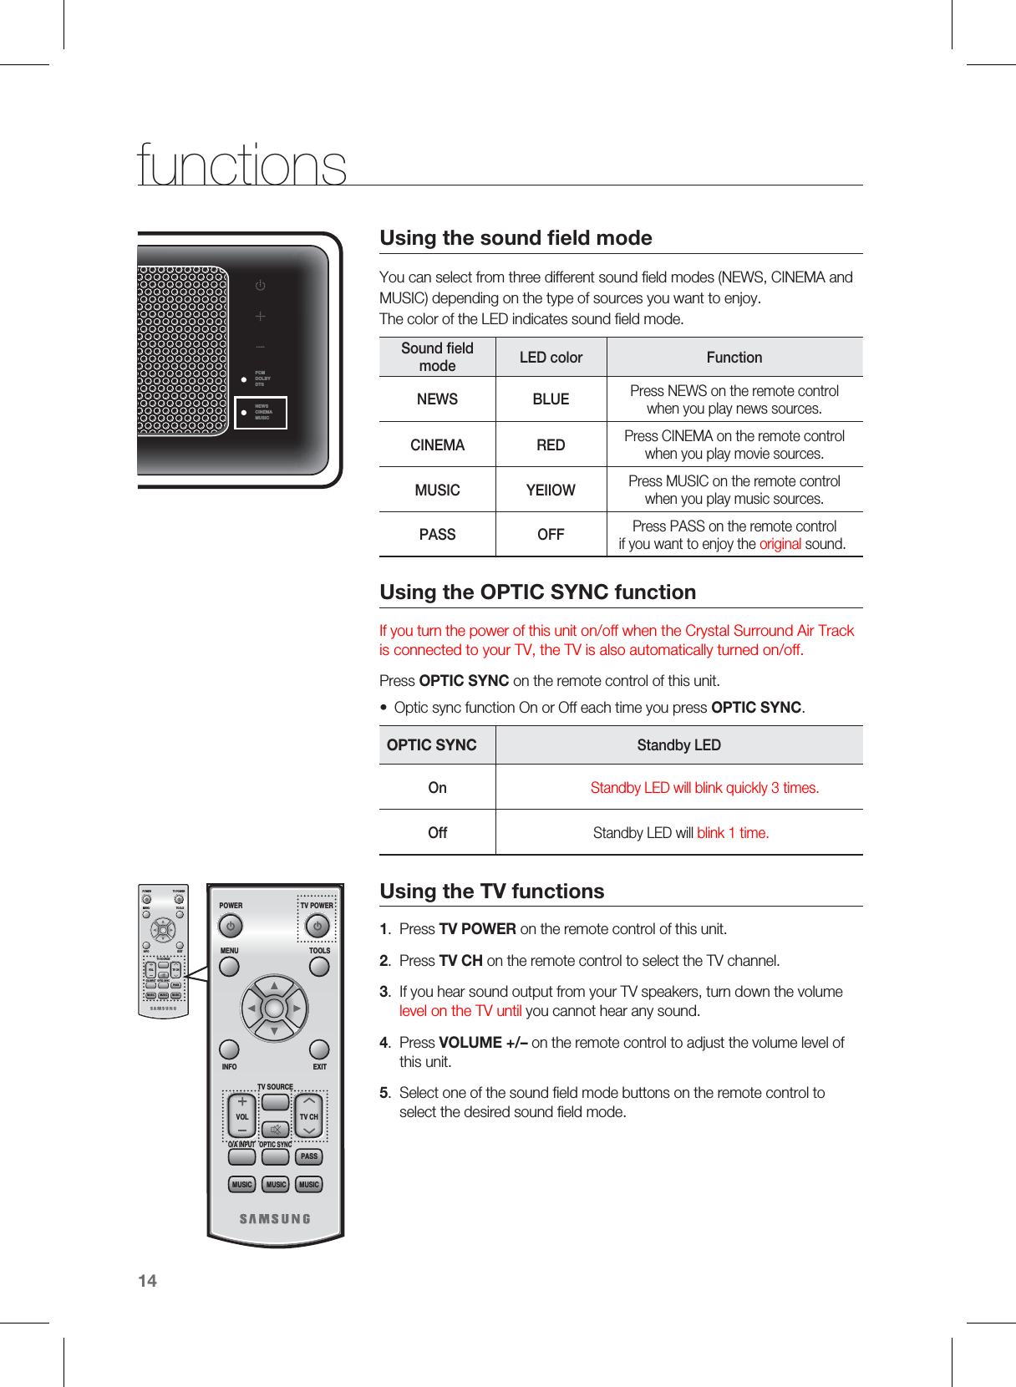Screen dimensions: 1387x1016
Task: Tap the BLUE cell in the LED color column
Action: [x=551, y=399]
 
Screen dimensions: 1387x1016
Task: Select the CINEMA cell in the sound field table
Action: [x=437, y=445]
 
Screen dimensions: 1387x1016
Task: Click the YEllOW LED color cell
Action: [x=551, y=490]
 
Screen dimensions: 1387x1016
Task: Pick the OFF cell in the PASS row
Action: [x=551, y=535]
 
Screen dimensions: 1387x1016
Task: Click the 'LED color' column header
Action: [x=551, y=358]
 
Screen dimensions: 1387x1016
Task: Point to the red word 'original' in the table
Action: [x=780, y=544]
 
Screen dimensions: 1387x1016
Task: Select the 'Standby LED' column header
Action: [x=678, y=745]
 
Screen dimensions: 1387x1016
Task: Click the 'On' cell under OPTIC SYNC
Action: [x=437, y=788]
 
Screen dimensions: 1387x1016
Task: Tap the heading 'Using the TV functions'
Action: [x=491, y=892]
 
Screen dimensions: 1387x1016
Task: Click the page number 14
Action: [x=147, y=1281]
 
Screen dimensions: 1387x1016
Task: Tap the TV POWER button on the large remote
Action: [x=317, y=926]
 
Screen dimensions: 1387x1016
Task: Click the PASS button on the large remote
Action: [x=309, y=1156]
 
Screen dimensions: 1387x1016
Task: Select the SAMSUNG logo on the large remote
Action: [x=275, y=1219]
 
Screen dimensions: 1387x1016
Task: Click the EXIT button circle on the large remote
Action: [x=319, y=1049]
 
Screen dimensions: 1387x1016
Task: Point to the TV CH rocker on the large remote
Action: [x=309, y=1116]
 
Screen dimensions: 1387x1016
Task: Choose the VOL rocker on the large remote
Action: [x=242, y=1116]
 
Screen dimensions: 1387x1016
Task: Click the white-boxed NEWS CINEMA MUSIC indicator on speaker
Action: [x=261, y=413]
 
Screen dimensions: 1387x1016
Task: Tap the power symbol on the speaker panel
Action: [x=261, y=286]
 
